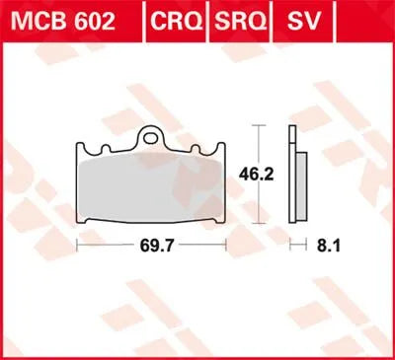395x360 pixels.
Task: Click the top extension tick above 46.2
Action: [x=258, y=126]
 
